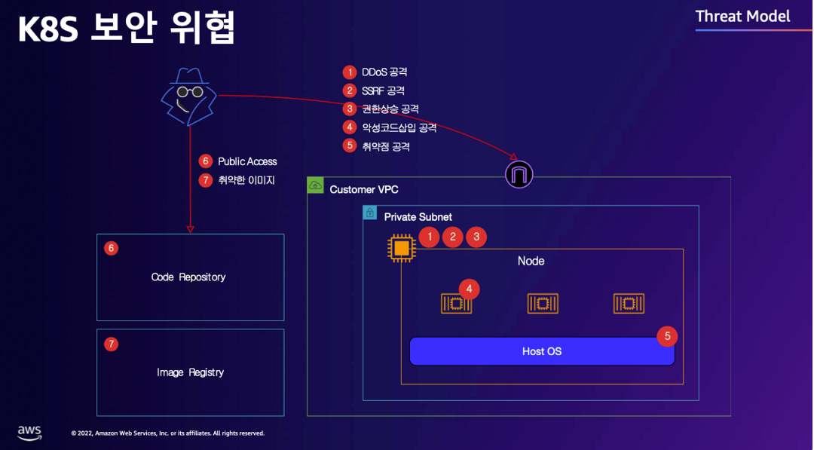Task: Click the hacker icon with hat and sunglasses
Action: click(x=188, y=96)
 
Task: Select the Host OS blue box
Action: click(x=542, y=351)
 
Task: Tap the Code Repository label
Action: click(x=188, y=277)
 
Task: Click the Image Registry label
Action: click(x=190, y=372)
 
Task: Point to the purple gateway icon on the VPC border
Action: click(x=519, y=174)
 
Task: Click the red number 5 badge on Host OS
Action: click(x=667, y=336)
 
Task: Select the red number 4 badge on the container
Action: click(x=469, y=289)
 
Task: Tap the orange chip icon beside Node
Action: click(x=402, y=248)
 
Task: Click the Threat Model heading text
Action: click(x=742, y=16)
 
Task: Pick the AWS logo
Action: click(x=29, y=433)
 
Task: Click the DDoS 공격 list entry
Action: click(x=384, y=72)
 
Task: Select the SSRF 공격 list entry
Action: click(x=383, y=90)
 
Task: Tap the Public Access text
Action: click(x=247, y=161)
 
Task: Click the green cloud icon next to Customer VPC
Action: click(x=316, y=185)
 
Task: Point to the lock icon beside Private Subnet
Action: click(x=370, y=213)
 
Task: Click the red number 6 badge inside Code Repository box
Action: click(x=112, y=248)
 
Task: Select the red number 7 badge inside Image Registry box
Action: click(x=112, y=344)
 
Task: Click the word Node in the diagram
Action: click(x=531, y=261)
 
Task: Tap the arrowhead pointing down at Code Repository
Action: click(x=190, y=228)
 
